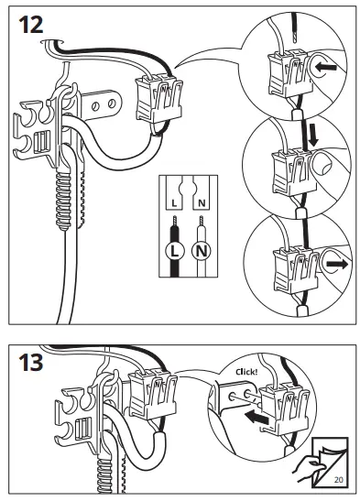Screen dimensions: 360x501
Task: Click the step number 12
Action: click(31, 25)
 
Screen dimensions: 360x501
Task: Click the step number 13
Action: click(31, 362)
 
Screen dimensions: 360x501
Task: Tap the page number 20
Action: click(339, 480)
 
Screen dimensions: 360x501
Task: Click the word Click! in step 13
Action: click(246, 372)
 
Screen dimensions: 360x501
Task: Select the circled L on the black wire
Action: click(174, 252)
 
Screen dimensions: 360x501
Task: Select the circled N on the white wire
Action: click(202, 252)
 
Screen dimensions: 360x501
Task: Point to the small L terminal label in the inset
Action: click(174, 203)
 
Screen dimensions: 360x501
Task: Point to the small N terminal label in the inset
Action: click(202, 203)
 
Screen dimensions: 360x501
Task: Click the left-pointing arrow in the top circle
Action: click(325, 68)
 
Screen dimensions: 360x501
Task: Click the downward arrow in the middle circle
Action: click(313, 135)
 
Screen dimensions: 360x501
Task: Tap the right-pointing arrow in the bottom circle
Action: click(337, 264)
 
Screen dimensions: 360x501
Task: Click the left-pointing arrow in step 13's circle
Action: click(256, 418)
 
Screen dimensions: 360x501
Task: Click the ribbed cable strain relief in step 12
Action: click(63, 201)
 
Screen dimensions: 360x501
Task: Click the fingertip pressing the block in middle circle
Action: click(322, 164)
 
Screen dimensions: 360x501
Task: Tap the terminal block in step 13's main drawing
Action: click(153, 394)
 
